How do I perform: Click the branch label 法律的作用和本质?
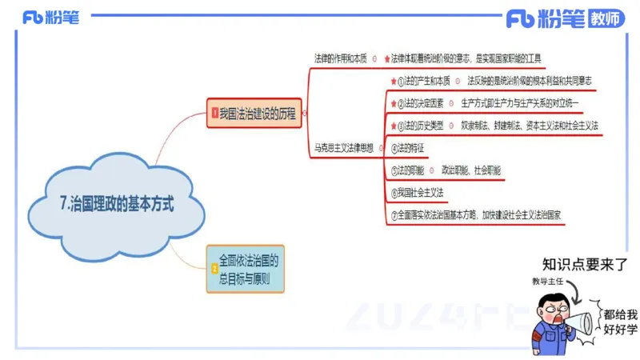click(340, 58)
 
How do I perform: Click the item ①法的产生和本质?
click(423, 81)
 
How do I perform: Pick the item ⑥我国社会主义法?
click(417, 193)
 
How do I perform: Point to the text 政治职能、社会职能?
click(471, 170)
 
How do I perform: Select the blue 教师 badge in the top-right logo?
click(606, 20)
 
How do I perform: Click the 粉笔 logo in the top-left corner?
click(51, 18)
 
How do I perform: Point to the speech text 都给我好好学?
click(621, 321)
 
